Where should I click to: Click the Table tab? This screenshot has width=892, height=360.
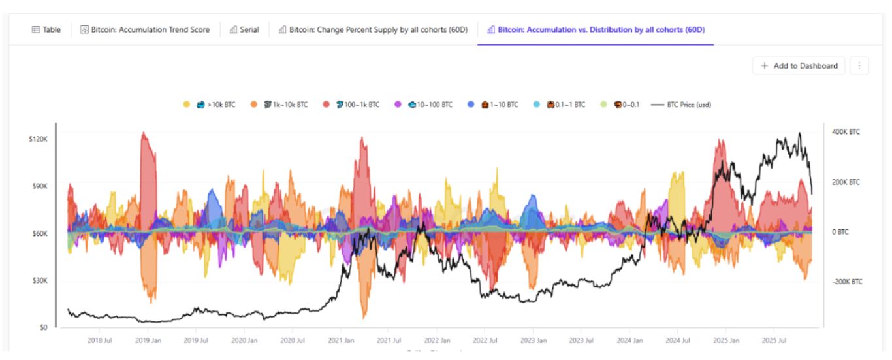pos(46,29)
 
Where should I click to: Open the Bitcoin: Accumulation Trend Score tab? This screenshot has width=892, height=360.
pos(145,29)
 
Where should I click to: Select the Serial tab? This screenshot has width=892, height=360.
pos(244,29)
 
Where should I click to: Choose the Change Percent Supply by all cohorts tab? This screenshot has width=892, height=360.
pos(373,29)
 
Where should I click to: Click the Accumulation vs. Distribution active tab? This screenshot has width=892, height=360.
pos(596,29)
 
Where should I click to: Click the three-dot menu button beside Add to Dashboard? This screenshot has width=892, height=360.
pos(859,65)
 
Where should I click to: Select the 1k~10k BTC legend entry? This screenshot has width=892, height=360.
pos(285,105)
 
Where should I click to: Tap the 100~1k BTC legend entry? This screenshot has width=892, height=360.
pos(357,105)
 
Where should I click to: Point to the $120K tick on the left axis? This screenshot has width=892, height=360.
pos(38,139)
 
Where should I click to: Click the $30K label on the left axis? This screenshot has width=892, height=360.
pos(40,280)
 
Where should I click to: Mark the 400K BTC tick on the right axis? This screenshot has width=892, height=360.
pos(845,132)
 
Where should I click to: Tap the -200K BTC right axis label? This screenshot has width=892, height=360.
pos(846,282)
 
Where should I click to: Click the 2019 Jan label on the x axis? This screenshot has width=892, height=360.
pos(148,340)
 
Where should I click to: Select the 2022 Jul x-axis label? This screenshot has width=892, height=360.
pos(485,340)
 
